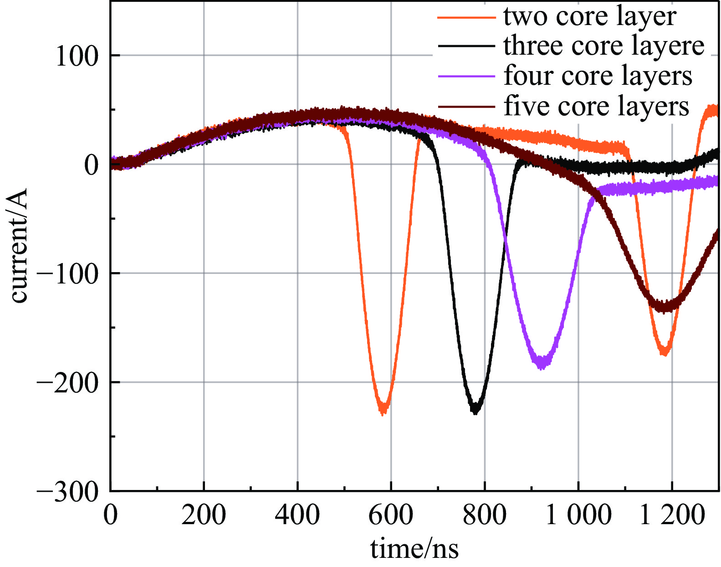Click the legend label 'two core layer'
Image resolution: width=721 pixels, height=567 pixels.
tap(589, 17)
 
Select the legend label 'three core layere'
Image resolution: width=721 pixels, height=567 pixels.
tap(604, 46)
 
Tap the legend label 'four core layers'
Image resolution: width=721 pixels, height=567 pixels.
tap(598, 76)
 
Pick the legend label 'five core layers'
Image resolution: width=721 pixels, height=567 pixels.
tap(596, 106)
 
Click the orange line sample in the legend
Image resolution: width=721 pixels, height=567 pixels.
tap(466, 17)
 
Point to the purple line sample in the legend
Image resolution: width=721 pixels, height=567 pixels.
tap(466, 77)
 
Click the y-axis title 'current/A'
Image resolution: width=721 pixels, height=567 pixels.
tap(19, 245)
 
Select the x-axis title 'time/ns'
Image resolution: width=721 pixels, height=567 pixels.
tap(414, 549)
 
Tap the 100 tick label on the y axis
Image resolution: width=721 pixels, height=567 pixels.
tap(77, 57)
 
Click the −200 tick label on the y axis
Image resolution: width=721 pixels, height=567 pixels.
tap(67, 383)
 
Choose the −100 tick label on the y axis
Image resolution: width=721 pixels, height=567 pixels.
tap(67, 274)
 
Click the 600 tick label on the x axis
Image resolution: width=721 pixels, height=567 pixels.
tap(391, 515)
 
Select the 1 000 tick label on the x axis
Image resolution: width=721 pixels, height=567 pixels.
tap(578, 515)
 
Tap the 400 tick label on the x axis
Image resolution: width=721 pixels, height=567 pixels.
tap(297, 515)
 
